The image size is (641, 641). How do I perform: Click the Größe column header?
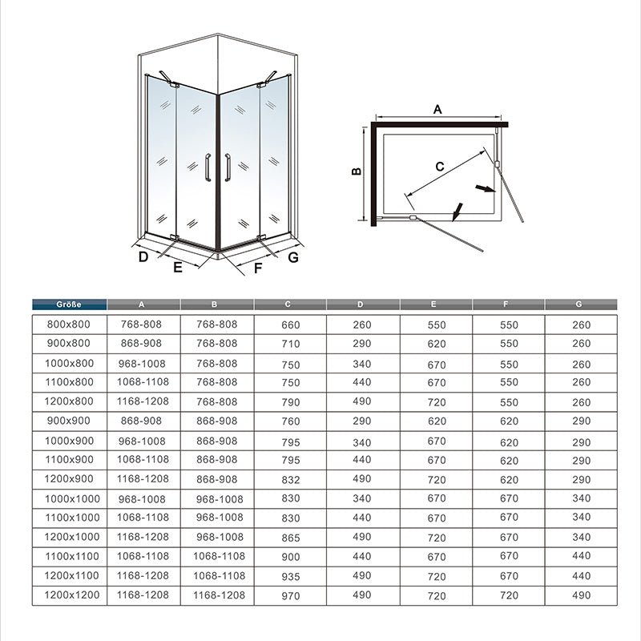tap(69, 304)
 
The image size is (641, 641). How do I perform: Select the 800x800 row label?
tap(69, 325)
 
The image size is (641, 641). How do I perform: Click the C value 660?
tap(291, 325)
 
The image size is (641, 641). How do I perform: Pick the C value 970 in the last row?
tap(291, 595)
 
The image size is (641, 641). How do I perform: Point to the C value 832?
tap(291, 479)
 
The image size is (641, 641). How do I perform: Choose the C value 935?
tap(291, 576)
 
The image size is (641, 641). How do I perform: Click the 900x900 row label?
tap(69, 421)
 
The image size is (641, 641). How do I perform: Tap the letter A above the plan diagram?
tap(437, 110)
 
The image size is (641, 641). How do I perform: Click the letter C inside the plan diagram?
tap(440, 166)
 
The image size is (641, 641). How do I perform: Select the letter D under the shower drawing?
tap(143, 256)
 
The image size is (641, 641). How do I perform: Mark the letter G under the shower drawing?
tap(293, 256)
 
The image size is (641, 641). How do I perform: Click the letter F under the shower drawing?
tap(258, 268)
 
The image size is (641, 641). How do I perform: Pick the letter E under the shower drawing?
tap(178, 268)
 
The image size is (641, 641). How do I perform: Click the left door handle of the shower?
tap(208, 168)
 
